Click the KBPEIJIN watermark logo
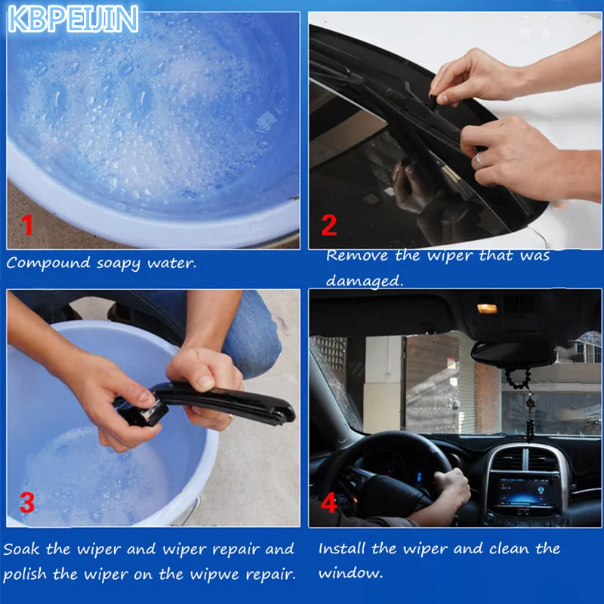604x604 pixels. (x=72, y=19)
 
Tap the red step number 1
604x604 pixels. (x=27, y=225)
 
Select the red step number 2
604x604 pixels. (x=329, y=225)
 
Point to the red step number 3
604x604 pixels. (x=27, y=502)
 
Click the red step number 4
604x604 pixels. (x=329, y=503)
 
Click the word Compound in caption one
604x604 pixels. (x=48, y=263)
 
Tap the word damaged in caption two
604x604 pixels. (x=365, y=281)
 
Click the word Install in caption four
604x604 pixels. (x=342, y=548)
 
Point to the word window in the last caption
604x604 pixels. (x=350, y=573)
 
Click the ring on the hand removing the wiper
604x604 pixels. (x=479, y=159)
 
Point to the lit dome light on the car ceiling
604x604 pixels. (x=487, y=308)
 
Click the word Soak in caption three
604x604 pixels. (x=21, y=549)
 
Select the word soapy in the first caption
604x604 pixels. (x=119, y=264)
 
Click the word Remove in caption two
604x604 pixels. (x=356, y=255)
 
